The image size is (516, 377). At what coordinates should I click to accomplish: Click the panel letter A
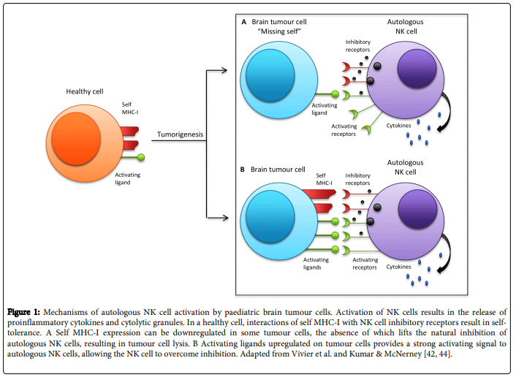pyautogui.click(x=244, y=22)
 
